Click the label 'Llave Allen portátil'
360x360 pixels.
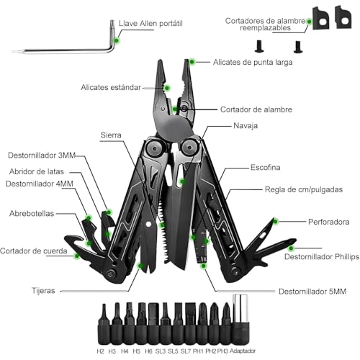click(150, 24)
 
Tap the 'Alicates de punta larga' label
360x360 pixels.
click(253, 63)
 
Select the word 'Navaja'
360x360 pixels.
click(246, 125)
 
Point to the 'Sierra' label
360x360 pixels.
click(111, 135)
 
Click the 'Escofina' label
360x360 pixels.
click(265, 167)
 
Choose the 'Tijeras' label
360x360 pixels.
click(43, 291)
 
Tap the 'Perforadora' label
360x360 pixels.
click(328, 222)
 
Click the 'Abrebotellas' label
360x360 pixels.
click(32, 213)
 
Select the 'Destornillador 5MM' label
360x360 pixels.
click(312, 292)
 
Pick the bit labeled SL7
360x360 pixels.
click(191, 323)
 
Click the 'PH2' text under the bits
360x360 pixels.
click(211, 351)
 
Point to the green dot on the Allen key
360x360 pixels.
click(117, 40)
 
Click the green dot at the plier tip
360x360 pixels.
click(192, 62)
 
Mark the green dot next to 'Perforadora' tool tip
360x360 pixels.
click(276, 221)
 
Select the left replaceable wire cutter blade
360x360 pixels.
click(320, 18)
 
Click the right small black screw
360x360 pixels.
click(297, 47)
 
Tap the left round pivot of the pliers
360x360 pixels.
click(155, 148)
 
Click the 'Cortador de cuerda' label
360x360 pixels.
click(34, 251)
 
